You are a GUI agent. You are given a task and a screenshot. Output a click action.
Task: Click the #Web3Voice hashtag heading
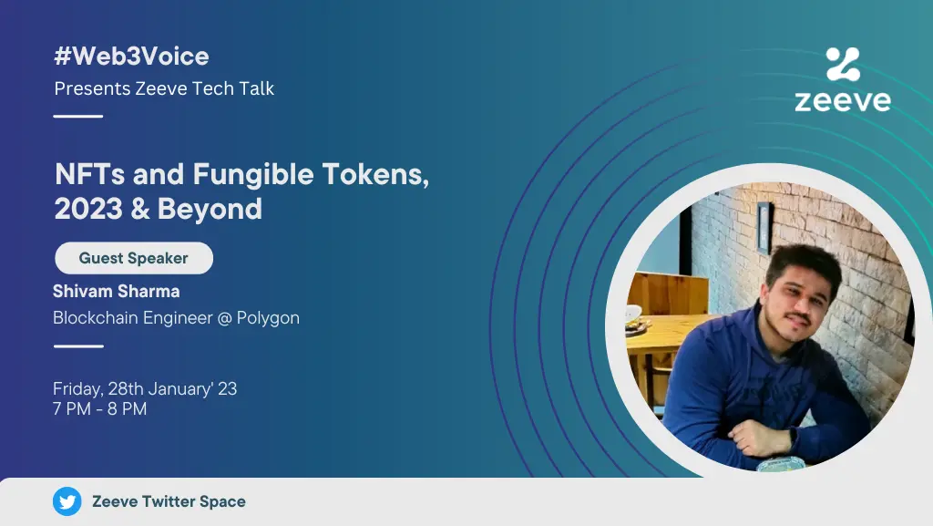(x=131, y=57)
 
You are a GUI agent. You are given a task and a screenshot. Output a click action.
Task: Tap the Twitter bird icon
(x=67, y=501)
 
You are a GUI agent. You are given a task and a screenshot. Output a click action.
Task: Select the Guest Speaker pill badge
(x=134, y=258)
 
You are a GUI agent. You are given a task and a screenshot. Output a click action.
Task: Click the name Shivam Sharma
(x=116, y=292)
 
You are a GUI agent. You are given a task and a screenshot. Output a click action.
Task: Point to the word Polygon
(x=268, y=318)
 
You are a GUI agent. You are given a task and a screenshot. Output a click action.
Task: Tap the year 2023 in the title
(x=88, y=209)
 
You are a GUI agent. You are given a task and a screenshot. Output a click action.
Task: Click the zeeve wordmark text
(x=843, y=100)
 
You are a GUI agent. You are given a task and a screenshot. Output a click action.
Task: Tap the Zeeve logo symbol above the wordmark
(x=843, y=64)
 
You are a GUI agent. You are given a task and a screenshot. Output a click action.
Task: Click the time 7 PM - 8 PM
(x=100, y=408)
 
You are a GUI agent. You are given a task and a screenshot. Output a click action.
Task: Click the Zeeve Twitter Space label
(x=169, y=501)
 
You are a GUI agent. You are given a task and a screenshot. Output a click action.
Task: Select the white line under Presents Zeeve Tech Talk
(x=78, y=116)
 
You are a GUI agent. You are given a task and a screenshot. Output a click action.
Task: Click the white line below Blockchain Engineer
(x=78, y=346)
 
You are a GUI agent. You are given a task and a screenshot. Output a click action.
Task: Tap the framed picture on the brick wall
(x=764, y=228)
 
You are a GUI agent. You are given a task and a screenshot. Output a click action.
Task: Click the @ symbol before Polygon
(x=224, y=318)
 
